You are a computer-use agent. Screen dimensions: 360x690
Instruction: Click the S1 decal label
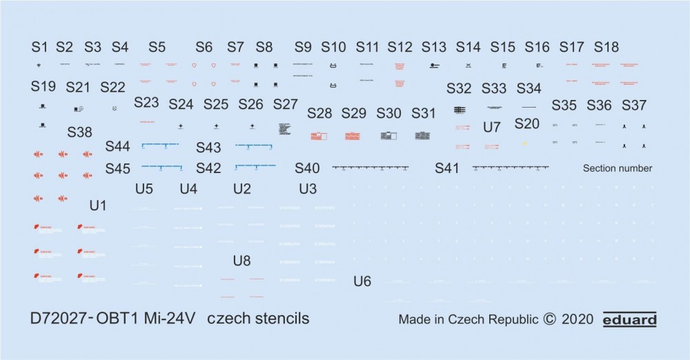pyautogui.click(x=39, y=47)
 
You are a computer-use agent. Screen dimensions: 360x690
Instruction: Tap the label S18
pyautogui.click(x=607, y=47)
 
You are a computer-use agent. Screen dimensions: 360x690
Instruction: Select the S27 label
pyautogui.click(x=285, y=104)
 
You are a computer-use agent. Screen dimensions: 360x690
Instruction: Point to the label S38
pyautogui.click(x=79, y=132)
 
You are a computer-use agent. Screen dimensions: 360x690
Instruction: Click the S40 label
pyautogui.click(x=307, y=168)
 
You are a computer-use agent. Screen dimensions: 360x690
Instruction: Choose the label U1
pyautogui.click(x=99, y=205)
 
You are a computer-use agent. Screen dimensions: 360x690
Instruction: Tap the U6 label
pyautogui.click(x=362, y=281)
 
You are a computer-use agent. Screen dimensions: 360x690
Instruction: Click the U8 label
pyautogui.click(x=241, y=261)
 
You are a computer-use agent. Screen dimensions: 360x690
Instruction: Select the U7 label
pyautogui.click(x=492, y=127)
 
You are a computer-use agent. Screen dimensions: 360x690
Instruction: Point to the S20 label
pyautogui.click(x=527, y=123)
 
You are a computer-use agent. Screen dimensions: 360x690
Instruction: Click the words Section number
pyautogui.click(x=617, y=168)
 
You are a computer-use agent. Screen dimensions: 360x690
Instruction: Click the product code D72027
pyautogui.click(x=57, y=319)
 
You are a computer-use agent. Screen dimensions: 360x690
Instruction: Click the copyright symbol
pyautogui.click(x=549, y=320)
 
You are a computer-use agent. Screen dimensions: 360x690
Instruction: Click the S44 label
pyautogui.click(x=117, y=147)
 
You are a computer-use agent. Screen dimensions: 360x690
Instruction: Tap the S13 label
pyautogui.click(x=434, y=47)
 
